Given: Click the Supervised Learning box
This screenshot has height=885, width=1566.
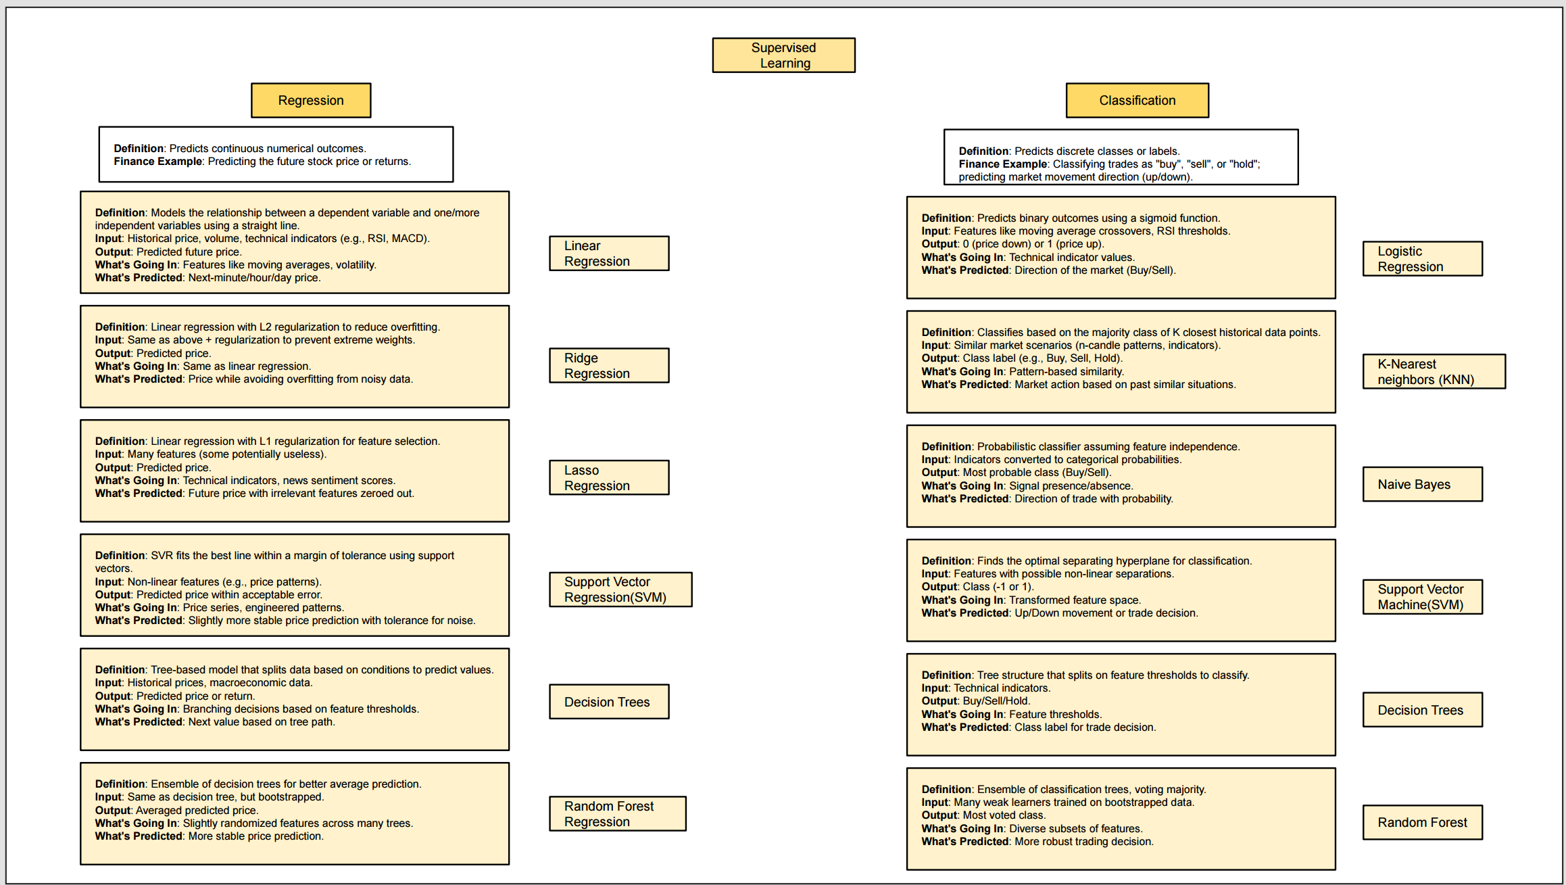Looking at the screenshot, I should coord(783,55).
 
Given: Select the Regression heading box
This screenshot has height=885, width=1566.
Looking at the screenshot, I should coord(311,101).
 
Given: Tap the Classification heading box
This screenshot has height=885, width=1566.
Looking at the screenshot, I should coord(1137,101).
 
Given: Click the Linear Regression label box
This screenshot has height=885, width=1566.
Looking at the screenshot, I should coord(609,254).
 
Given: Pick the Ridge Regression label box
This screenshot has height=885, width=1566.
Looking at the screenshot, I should coord(609,366).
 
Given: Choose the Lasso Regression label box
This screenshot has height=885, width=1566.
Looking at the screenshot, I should coord(609,478).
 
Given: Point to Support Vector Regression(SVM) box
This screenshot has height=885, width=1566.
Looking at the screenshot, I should coord(620,590).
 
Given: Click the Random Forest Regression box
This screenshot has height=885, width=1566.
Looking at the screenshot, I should coord(617,814).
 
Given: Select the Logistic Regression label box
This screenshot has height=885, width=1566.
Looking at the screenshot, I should coord(1422,259).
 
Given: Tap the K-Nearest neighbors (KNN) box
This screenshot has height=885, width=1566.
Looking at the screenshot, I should coord(1434,372).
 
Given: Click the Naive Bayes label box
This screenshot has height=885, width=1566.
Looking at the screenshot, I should coord(1422,485).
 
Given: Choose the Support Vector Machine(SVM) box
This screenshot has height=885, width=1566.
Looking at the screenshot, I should coord(1422,597).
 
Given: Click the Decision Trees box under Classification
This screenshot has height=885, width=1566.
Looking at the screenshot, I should coord(1422,710).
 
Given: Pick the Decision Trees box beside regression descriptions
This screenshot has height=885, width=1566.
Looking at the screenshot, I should coord(609,702).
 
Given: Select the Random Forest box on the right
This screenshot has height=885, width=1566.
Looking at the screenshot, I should coord(1422,823).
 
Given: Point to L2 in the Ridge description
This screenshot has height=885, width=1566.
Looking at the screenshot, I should coord(266,327).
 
